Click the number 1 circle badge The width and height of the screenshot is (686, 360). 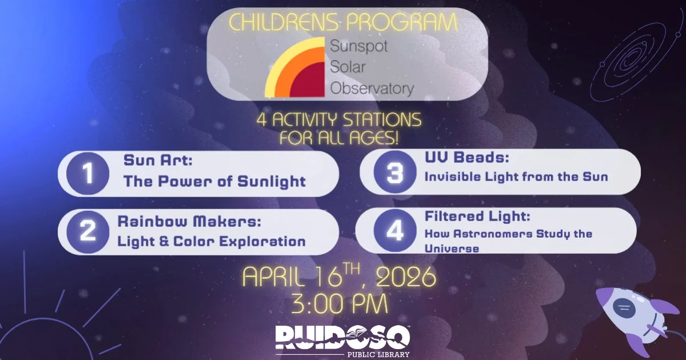[x=87, y=174]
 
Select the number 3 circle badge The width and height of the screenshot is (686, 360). [x=395, y=172]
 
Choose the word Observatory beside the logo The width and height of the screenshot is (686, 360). [x=372, y=89]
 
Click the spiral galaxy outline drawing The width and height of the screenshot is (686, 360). [x=631, y=57]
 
